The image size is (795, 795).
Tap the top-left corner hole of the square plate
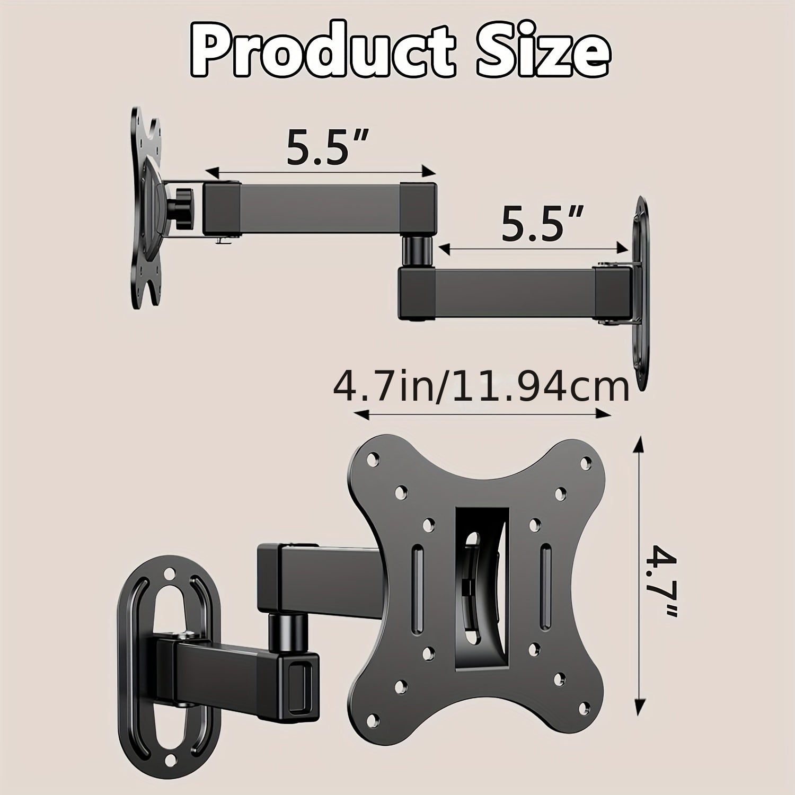(x=375, y=456)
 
